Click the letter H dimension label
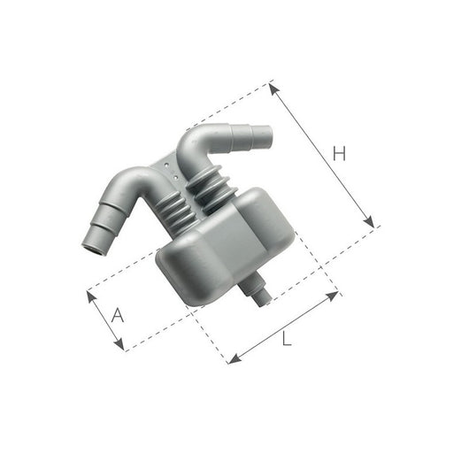(338, 154)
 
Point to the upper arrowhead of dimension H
(273, 86)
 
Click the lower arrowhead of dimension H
(372, 224)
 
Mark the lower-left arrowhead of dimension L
(233, 359)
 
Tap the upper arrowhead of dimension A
(90, 294)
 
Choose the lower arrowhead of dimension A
(122, 346)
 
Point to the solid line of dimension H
(322, 155)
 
